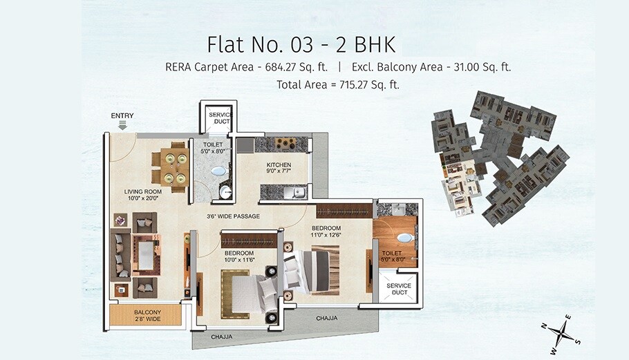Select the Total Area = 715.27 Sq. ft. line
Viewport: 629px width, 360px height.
(x=338, y=85)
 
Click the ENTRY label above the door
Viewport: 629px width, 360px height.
(x=122, y=115)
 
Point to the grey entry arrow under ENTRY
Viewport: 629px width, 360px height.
(x=122, y=125)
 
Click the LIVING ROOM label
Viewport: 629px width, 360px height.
(x=142, y=191)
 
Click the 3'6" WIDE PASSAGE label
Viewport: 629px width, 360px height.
(x=233, y=216)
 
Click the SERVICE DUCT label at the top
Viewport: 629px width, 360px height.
(x=219, y=117)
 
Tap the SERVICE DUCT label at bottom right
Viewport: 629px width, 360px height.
(x=398, y=289)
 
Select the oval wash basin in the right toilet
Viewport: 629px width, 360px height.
(x=405, y=237)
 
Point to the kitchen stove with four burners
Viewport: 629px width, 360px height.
(x=285, y=144)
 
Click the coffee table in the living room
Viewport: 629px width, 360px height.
(x=146, y=255)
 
